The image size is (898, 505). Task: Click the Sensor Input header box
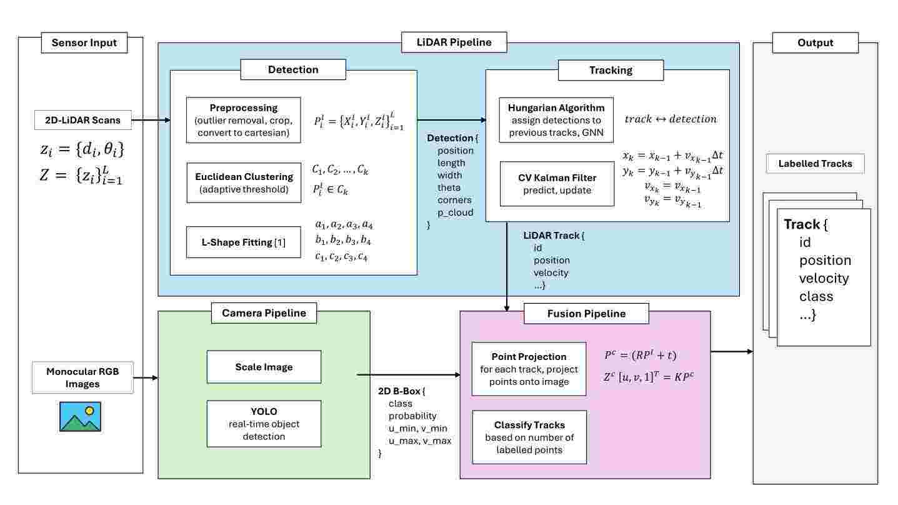coord(84,43)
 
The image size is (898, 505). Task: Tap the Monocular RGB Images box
coord(82,377)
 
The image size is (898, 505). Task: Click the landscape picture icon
coord(81,417)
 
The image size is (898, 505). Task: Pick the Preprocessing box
coord(244,120)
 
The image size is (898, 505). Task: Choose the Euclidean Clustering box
coord(244,182)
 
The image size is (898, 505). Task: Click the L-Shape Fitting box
coord(244,242)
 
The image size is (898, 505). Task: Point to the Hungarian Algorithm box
coord(557,120)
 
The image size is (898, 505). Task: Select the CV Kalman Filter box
coord(557,184)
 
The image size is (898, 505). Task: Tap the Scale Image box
coord(264,367)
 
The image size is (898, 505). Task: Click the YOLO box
coord(264,424)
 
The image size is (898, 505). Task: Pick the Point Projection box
coord(529,369)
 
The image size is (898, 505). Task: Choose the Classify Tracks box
coord(529,437)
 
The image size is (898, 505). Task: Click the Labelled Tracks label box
coord(815,164)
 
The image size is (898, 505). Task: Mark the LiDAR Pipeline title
coord(454,42)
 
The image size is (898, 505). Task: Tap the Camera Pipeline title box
coord(264,313)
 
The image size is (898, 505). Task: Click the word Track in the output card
coord(802,224)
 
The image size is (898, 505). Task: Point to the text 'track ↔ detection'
coord(671,119)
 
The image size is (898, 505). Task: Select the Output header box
coord(816,43)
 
